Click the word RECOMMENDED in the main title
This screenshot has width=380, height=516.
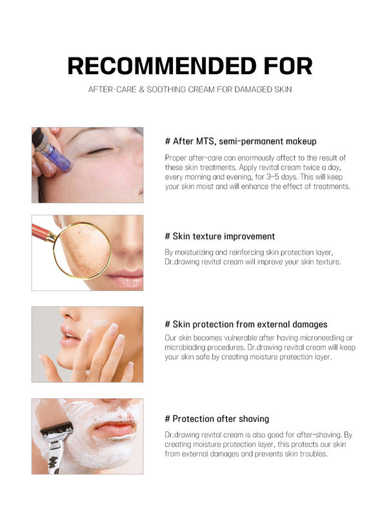pos(162,66)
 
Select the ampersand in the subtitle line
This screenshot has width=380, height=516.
pos(141,90)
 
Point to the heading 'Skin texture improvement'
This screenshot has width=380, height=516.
pos(219,236)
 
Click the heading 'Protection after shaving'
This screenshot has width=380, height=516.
pos(217,419)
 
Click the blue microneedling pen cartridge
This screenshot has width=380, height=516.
pos(59,158)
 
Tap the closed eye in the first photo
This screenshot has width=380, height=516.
pos(98,151)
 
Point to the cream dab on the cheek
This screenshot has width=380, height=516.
pos(101,324)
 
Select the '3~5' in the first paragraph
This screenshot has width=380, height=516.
pos(272,177)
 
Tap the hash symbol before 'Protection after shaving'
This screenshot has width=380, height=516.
pos(168,419)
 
